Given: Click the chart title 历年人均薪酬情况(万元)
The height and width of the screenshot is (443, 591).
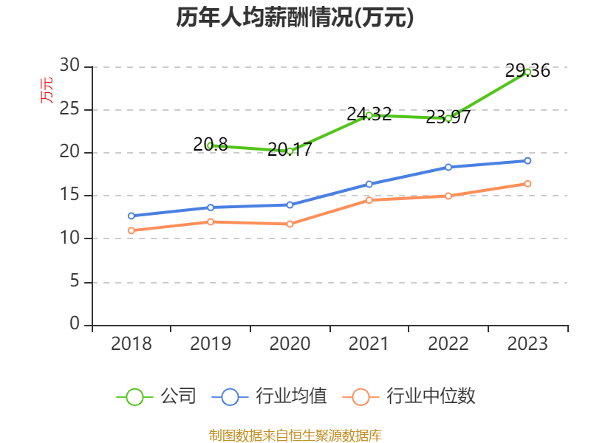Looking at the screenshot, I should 295,18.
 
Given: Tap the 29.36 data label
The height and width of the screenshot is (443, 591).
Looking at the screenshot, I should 527,71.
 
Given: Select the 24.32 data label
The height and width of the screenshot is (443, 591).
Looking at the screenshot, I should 369,114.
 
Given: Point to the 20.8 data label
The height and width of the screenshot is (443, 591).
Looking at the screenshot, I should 211,145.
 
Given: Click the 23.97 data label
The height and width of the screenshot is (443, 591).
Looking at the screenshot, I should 448,117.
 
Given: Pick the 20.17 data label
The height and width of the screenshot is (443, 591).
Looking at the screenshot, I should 290,149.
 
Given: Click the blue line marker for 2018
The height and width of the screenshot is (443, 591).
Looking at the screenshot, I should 131,216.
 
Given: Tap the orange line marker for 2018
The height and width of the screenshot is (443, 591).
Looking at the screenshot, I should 131,230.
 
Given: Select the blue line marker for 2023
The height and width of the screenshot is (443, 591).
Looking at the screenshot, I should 527,160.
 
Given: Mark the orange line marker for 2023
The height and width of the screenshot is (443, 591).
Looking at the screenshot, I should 527,183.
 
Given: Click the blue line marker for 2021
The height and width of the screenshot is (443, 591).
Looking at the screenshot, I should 369,184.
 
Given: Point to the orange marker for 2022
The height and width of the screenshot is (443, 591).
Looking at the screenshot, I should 448,196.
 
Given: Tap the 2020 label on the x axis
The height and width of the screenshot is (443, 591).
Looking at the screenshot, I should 290,343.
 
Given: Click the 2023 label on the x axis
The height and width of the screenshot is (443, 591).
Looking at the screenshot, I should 527,343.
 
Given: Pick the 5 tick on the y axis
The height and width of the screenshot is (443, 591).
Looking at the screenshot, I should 74,281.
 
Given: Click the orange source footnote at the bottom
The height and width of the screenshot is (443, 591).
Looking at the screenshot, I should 295,435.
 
